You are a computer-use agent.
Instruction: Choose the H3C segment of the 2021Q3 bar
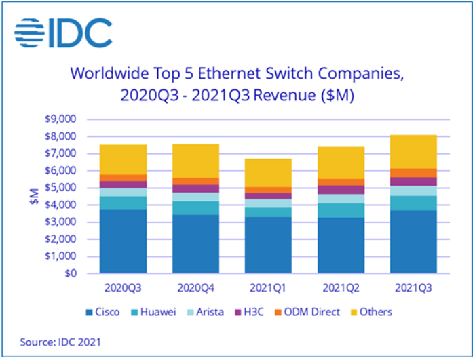tap(413, 182)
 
